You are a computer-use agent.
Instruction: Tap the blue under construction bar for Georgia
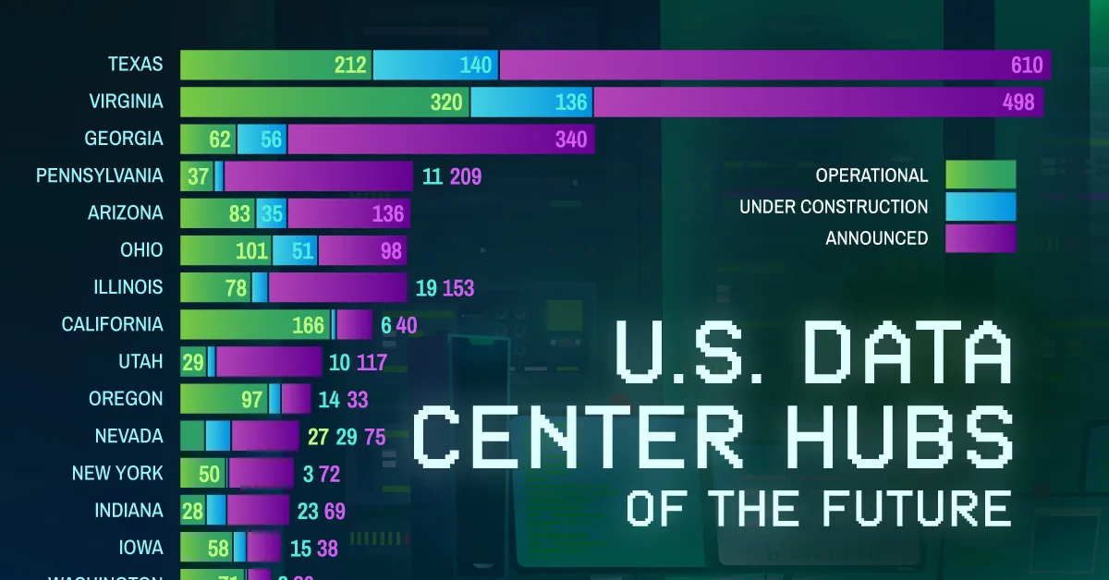[262, 139]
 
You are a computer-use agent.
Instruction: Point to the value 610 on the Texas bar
[1026, 65]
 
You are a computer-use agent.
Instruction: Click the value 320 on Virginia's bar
[446, 102]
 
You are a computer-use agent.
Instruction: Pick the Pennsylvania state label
[99, 175]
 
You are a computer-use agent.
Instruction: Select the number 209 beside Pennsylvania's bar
[466, 176]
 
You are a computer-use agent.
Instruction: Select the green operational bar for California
[255, 324]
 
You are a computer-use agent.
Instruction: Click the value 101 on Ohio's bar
[251, 250]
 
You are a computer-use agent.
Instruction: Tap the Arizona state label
[126, 212]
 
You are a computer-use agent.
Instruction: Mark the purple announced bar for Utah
[268, 361]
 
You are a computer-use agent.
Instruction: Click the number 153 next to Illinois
[458, 288]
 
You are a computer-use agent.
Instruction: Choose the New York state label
[117, 473]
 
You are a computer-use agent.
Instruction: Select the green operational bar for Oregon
[224, 399]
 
